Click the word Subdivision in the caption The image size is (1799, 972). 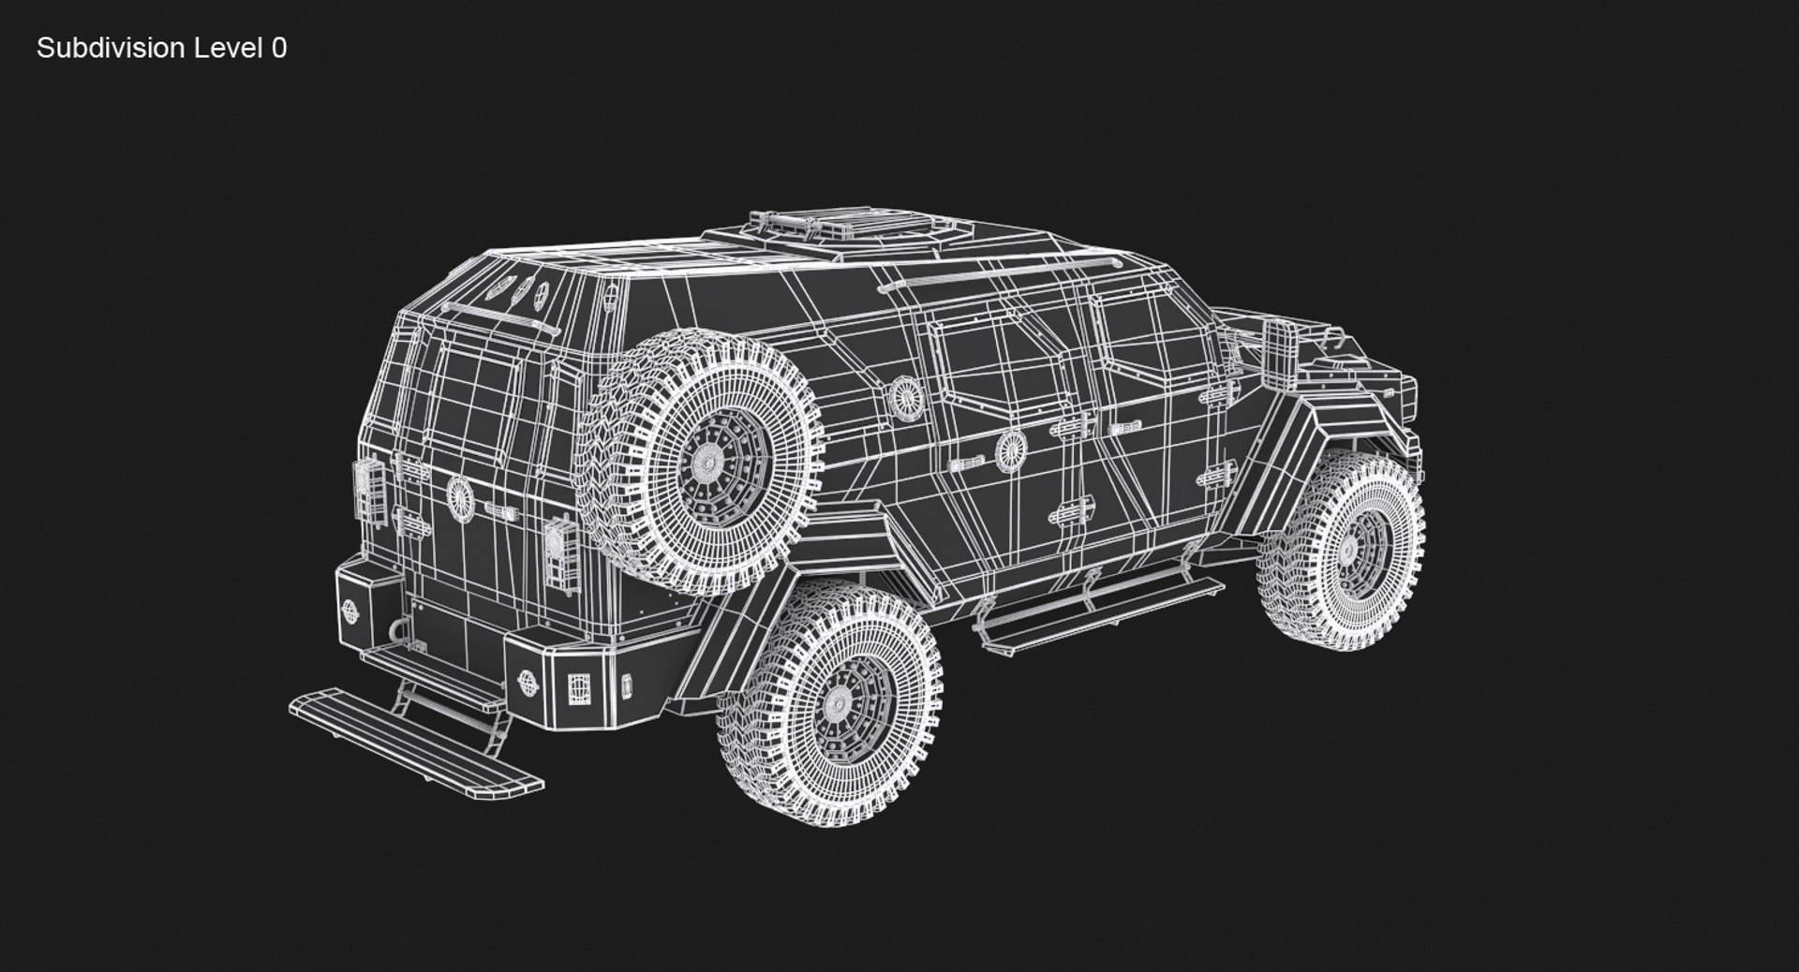pos(112,49)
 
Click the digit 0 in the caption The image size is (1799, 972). pos(279,49)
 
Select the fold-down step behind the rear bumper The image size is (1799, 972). pos(416,741)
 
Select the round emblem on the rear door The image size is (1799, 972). pos(459,495)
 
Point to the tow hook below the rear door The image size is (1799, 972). pos(412,637)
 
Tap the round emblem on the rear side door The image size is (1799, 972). pos(1010,449)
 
